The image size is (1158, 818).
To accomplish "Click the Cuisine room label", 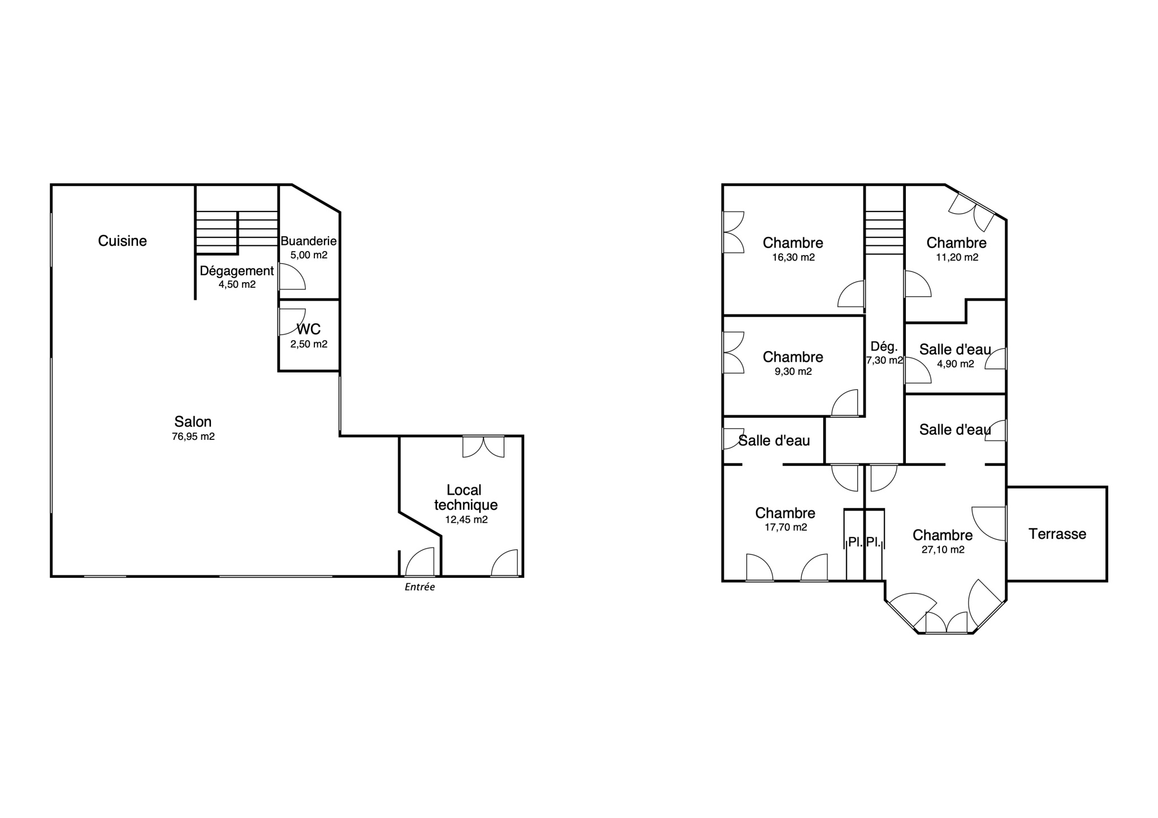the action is coord(122,241).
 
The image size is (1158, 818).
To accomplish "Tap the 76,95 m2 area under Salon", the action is coord(193,436).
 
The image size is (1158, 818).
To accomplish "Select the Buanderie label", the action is coord(309,241).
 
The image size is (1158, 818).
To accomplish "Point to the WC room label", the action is coord(309,329).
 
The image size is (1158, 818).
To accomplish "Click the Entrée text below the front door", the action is coord(420,587).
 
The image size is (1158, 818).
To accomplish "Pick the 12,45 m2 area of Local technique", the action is coord(466,520).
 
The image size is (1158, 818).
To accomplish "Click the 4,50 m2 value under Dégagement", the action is coord(237,284).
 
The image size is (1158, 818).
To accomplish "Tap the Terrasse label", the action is coord(1057,534).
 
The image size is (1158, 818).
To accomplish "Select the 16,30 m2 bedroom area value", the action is coord(793,257).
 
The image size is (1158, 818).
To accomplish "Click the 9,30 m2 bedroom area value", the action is coord(793,371).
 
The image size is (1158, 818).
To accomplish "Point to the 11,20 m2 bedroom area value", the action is coord(957,257).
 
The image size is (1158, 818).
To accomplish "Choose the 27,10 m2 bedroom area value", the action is coord(943,549).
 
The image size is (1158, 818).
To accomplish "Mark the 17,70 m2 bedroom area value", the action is coord(785,527).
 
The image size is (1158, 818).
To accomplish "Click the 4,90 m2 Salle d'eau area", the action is coord(956,364).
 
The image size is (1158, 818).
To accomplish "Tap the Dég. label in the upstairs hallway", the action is coord(884,347).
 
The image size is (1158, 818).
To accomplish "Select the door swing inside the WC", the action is coord(292,322).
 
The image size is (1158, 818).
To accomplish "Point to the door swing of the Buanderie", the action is coord(292,277).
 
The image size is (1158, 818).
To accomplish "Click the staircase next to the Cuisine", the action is coord(237,232).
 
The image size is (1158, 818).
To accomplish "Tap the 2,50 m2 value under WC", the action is coord(309,344).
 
